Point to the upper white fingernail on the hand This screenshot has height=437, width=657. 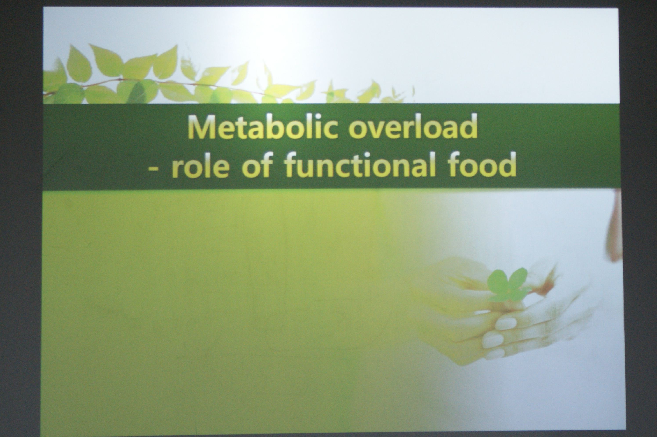tap(507, 324)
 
